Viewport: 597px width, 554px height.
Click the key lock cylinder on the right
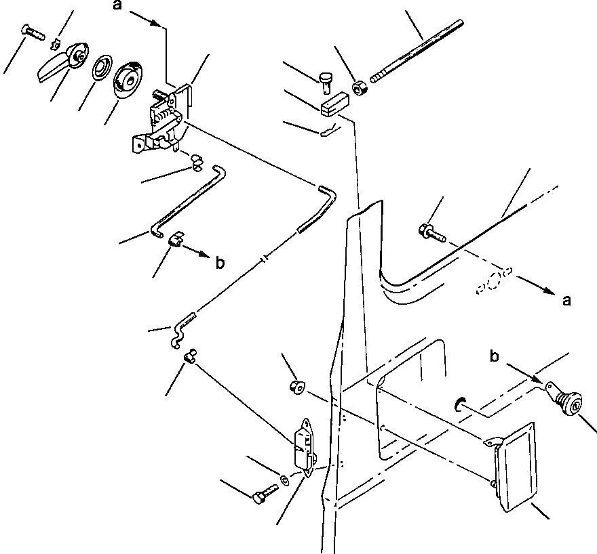point(564,403)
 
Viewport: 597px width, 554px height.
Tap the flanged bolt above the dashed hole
point(431,234)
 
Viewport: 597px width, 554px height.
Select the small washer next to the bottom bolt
point(285,482)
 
